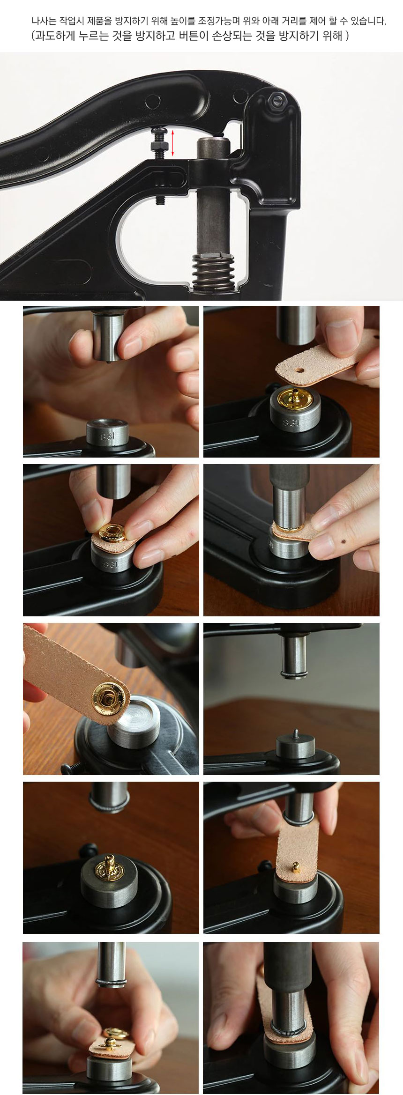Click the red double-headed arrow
pos(172,143)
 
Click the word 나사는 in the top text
pos(44,21)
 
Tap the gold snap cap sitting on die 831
pos(295,398)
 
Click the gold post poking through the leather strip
pos(296,867)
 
